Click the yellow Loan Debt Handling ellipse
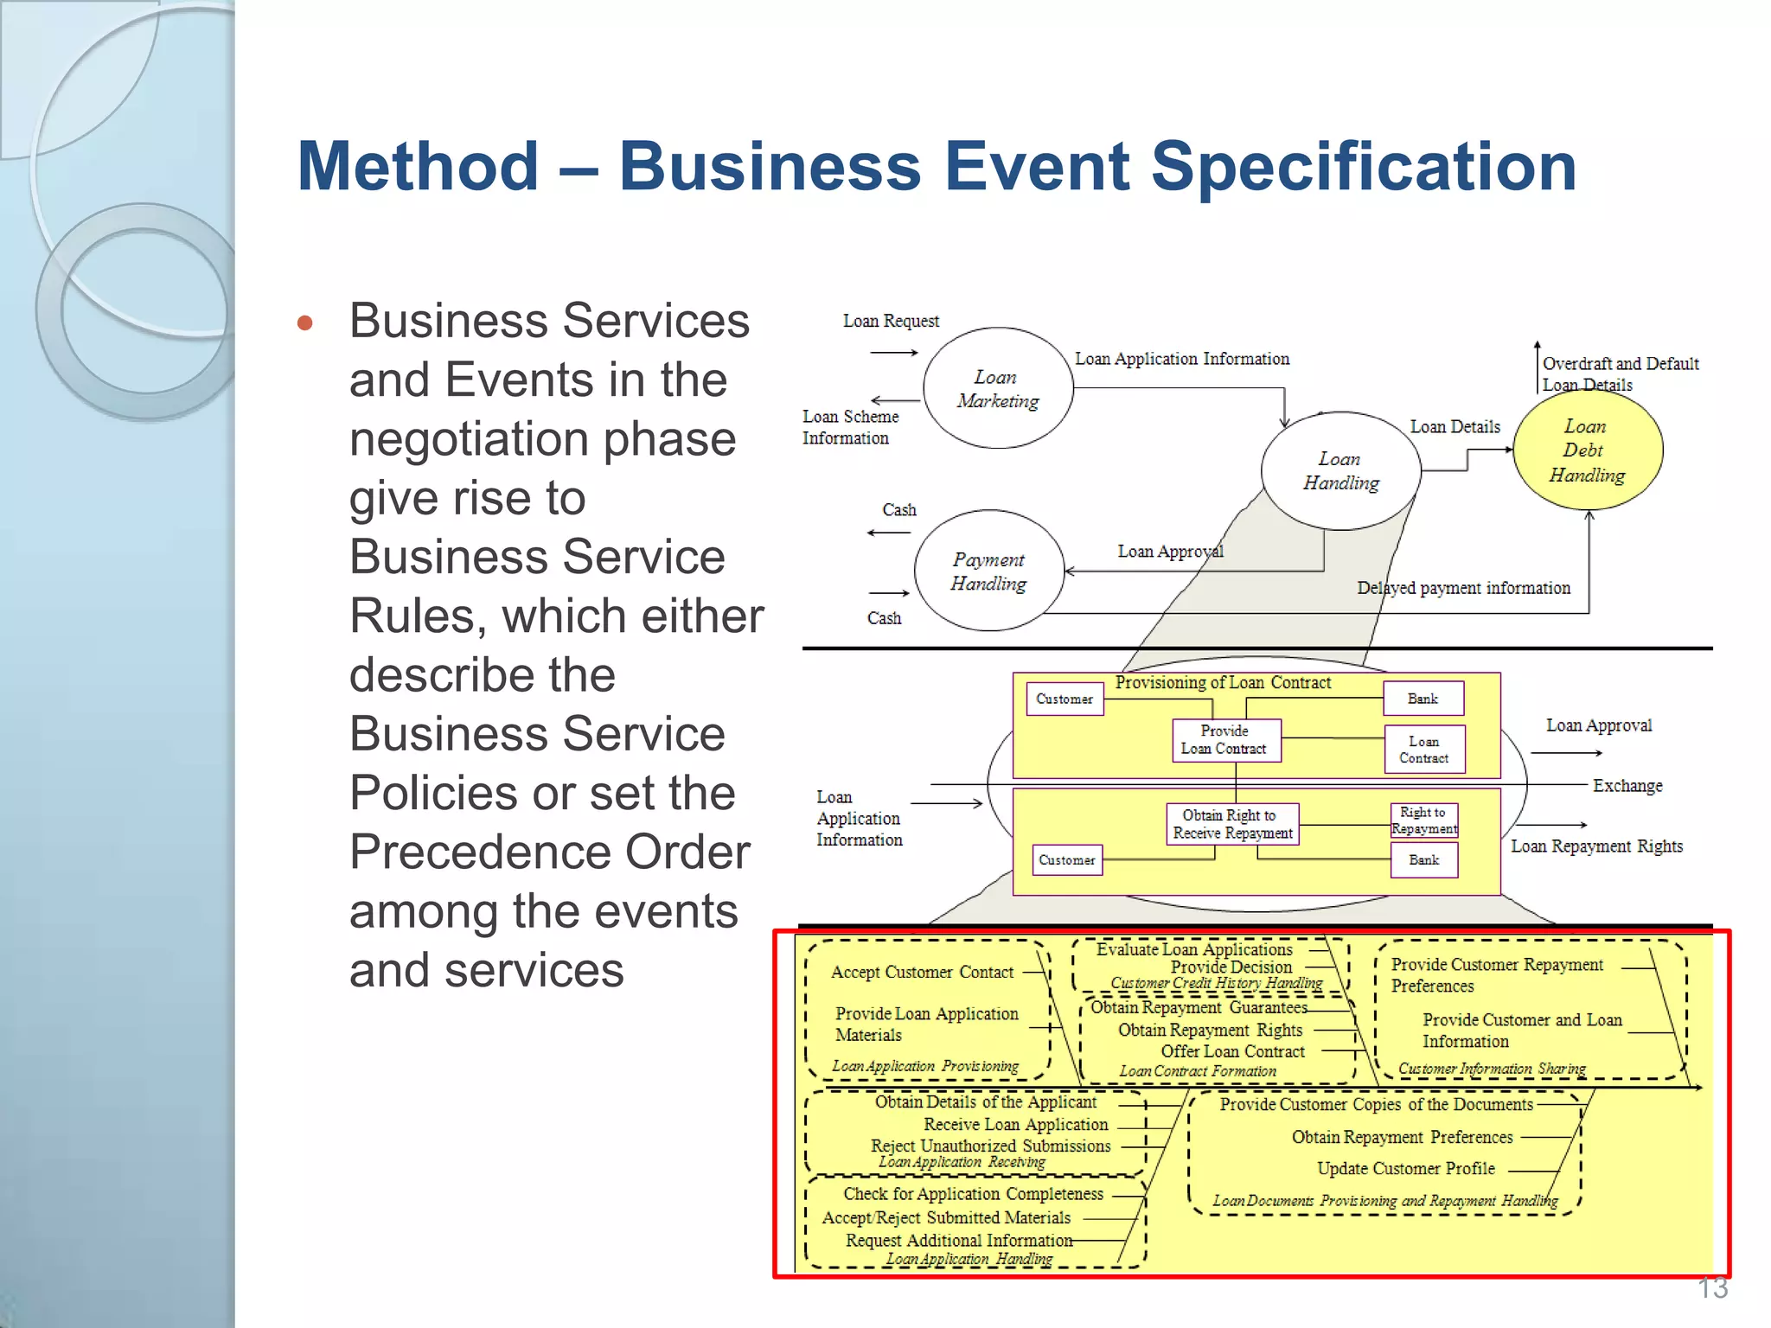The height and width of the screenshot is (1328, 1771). point(1587,450)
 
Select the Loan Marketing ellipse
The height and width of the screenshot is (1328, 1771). point(998,389)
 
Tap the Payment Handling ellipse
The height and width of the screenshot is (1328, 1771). point(988,571)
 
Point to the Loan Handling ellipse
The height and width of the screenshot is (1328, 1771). point(1340,471)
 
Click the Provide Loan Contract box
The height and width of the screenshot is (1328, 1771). point(1225,740)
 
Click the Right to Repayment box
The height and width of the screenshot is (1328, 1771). point(1423,820)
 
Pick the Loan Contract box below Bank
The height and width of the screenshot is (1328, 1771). point(1423,749)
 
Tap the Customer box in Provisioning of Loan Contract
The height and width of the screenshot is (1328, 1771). point(1065,699)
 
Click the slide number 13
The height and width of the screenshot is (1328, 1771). point(1712,1288)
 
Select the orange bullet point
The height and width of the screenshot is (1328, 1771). point(304,323)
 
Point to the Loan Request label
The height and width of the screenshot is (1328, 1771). point(891,321)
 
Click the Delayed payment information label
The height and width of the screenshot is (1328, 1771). point(1463,588)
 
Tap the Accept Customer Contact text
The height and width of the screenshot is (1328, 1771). point(922,972)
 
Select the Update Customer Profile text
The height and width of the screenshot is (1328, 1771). point(1405,1168)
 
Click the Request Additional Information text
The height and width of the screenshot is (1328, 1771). point(958,1240)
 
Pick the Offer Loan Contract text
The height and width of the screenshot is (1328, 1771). point(1232,1051)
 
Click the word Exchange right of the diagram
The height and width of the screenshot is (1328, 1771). point(1627,786)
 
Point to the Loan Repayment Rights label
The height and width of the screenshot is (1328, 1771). point(1596,846)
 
